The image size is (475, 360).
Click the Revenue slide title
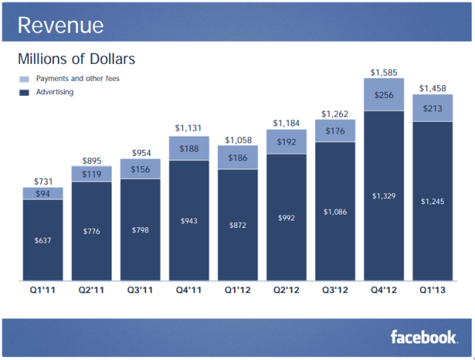[x=61, y=26]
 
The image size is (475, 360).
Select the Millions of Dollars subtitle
[x=76, y=58]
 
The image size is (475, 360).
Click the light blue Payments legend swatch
[x=23, y=79]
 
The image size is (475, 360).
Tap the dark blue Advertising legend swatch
[x=23, y=93]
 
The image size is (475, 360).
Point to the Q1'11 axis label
[x=42, y=290]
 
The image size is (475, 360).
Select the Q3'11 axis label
[x=140, y=290]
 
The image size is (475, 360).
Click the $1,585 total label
[x=384, y=73]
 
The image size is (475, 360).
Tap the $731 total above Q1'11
[x=42, y=181]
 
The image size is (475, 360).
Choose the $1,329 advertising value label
[x=384, y=196]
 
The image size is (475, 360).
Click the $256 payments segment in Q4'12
[x=384, y=95]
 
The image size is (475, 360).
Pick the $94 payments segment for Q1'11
[x=42, y=194]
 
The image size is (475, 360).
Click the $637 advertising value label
[x=42, y=240]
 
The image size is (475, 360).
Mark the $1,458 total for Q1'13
[x=432, y=88]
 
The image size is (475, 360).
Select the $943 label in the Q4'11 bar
[x=189, y=220]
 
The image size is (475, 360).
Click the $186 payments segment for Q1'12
[x=237, y=157]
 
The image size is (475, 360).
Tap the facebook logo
[x=424, y=337]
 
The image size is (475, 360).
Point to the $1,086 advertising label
[x=335, y=212]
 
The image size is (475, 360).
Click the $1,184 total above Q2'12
[x=286, y=122]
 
